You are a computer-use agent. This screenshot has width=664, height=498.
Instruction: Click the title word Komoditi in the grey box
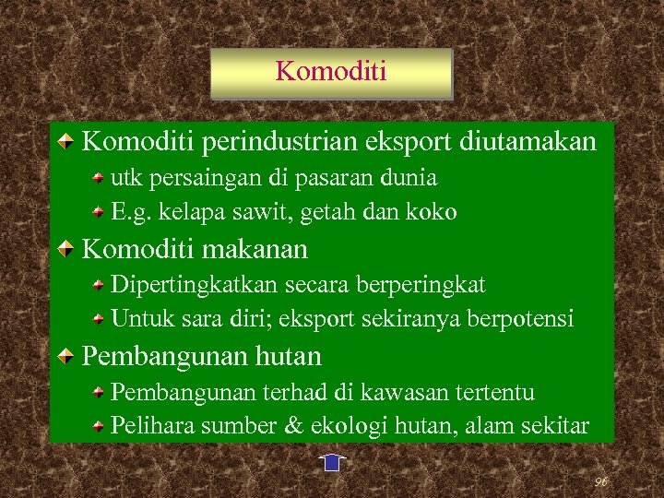coord(331,71)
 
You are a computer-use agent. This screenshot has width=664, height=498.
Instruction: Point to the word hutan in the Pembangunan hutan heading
coord(286,356)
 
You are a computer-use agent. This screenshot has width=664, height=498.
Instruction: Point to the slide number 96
coord(600,481)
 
